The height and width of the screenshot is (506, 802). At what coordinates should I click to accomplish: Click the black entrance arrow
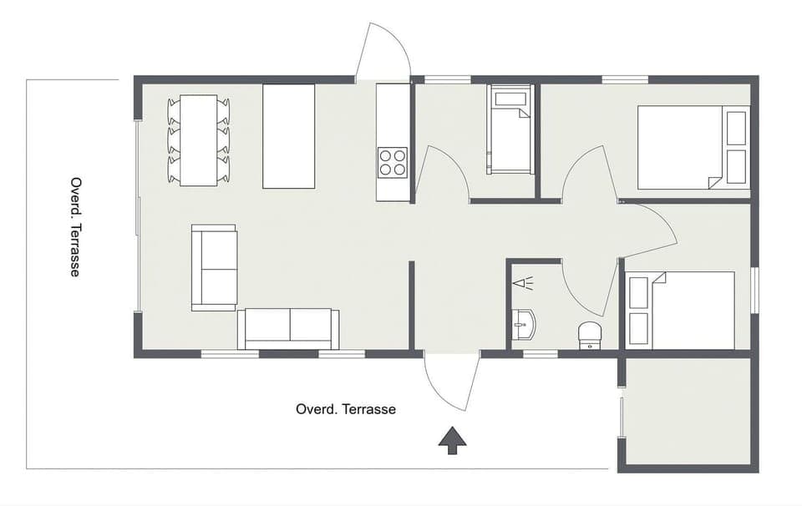(453, 440)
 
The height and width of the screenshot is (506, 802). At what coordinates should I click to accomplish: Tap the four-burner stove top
(393, 161)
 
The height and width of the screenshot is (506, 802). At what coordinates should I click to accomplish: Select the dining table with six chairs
(199, 140)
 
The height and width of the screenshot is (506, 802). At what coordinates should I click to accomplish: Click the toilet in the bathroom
(590, 335)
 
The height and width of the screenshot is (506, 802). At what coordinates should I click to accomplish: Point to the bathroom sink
(524, 323)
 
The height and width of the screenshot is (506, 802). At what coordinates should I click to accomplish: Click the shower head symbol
(523, 283)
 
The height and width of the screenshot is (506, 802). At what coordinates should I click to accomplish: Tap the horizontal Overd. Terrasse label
(346, 409)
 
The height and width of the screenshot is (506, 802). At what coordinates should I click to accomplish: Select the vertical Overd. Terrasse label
(75, 226)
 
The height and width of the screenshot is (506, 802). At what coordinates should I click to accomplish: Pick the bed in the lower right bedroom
(681, 310)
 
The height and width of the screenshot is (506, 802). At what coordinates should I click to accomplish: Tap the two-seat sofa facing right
(215, 267)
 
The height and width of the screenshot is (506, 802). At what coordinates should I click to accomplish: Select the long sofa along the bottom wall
(288, 328)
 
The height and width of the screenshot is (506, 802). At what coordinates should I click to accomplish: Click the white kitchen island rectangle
(288, 136)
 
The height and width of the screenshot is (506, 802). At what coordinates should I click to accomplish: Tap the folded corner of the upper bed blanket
(714, 182)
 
